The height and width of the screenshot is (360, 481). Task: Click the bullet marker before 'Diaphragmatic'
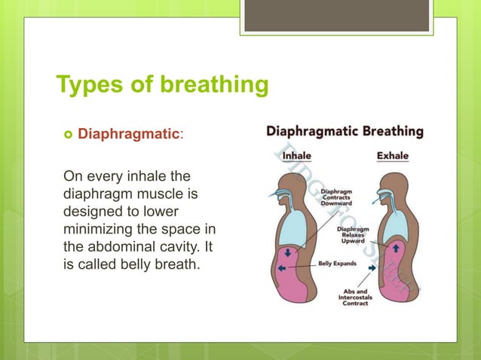pos(67,136)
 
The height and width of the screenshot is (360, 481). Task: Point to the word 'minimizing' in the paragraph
pos(97,228)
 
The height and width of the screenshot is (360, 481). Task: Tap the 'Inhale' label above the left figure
pos(297,155)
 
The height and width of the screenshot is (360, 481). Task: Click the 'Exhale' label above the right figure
pos(392,156)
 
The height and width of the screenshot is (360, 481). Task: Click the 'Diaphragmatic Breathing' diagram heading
pos(344,131)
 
